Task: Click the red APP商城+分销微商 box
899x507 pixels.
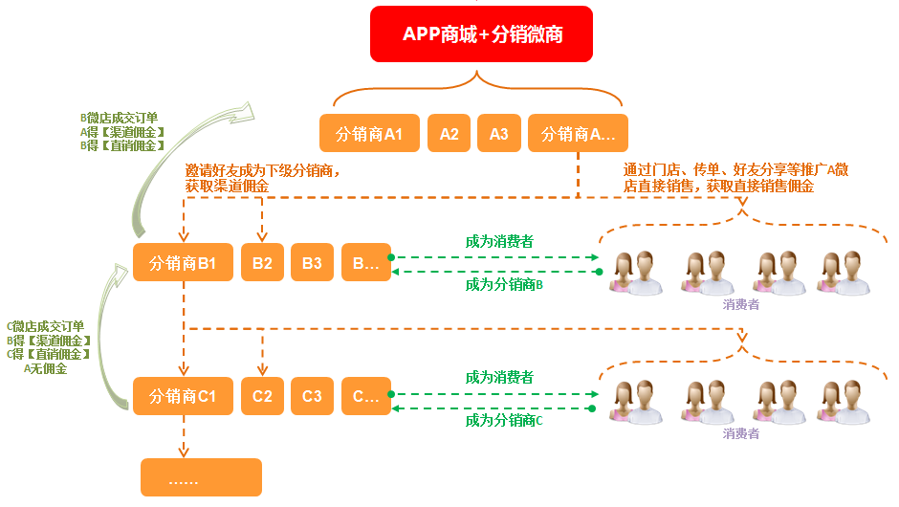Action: pos(482,34)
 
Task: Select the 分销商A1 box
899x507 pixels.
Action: pos(369,134)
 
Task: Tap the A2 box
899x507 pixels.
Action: pos(449,134)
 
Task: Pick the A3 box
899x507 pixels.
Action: pos(499,134)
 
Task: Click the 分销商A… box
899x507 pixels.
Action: pos(578,134)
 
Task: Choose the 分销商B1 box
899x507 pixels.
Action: pos(184,263)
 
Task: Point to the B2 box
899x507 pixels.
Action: pos(263,263)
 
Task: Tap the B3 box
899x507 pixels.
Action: pos(312,263)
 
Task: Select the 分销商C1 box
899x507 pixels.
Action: pos(184,395)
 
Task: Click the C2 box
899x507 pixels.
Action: pos(263,395)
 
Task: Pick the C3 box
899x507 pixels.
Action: pos(312,395)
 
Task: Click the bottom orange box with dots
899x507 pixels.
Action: pos(201,477)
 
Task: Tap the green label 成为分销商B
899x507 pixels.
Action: pos(504,284)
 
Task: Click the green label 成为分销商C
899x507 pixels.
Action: pos(504,420)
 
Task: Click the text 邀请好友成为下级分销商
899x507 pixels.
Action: pos(263,170)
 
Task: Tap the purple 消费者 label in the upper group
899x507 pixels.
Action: pos(741,304)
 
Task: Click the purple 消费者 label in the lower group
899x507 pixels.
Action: pos(741,433)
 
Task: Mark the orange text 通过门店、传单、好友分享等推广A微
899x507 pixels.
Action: pos(735,169)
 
